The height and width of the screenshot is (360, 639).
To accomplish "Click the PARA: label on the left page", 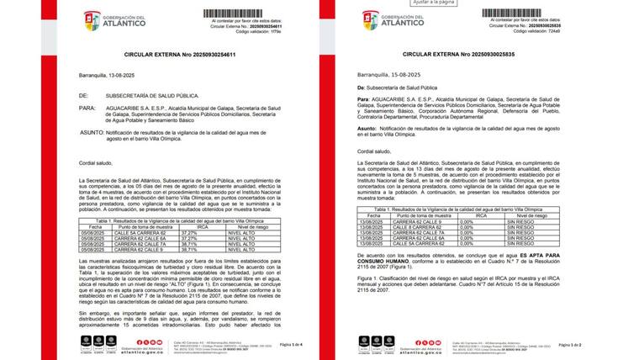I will pyautogui.click(x=88, y=109).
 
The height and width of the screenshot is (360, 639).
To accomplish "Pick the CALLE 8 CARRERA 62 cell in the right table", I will pyautogui.click(x=415, y=227).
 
